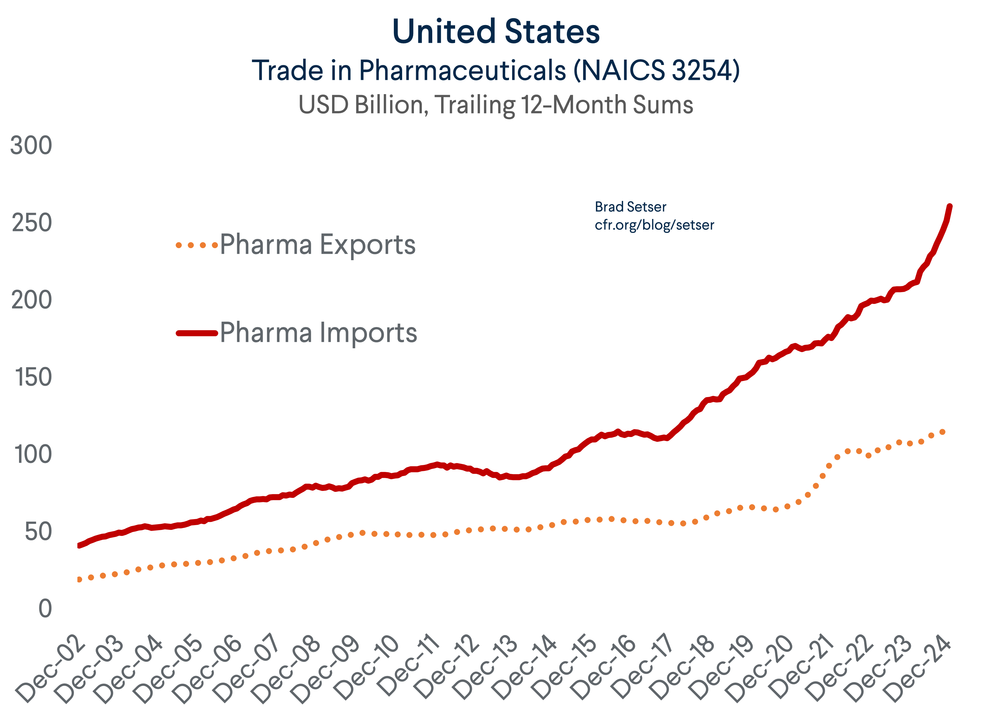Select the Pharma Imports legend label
[318, 333]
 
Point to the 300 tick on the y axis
[31, 145]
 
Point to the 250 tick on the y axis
[31, 223]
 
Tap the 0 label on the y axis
[45, 609]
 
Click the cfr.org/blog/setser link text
[654, 225]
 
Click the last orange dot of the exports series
[943, 432]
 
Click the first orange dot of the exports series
[79, 580]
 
